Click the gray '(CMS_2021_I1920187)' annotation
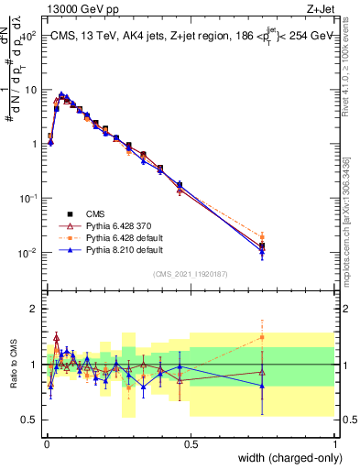point(190,272)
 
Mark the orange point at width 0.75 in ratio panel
point(262,337)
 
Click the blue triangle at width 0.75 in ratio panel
point(262,386)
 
